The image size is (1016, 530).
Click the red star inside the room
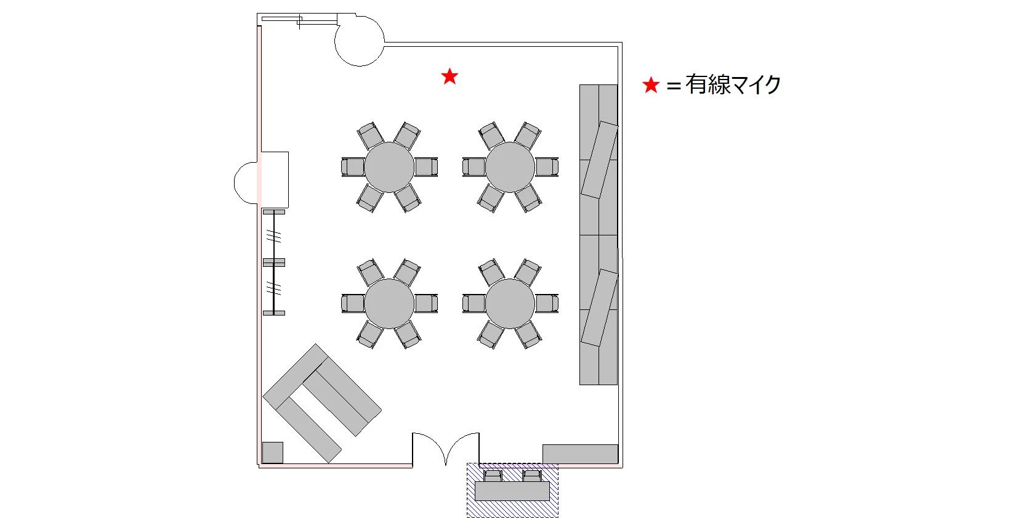(x=450, y=76)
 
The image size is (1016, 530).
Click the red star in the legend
(x=651, y=85)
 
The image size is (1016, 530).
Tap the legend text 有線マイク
(x=733, y=84)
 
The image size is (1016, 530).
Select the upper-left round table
(x=389, y=167)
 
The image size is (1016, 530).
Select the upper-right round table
(x=510, y=167)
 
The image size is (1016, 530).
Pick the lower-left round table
(x=389, y=303)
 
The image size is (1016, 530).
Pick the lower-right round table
(x=510, y=303)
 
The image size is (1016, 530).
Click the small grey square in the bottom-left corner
(x=272, y=452)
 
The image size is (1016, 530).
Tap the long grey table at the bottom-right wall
(x=580, y=454)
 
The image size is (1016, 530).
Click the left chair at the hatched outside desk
(x=493, y=476)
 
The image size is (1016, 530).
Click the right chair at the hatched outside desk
(x=531, y=476)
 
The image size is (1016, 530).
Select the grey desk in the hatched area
(x=512, y=491)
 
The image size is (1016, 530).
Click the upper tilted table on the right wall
(x=600, y=160)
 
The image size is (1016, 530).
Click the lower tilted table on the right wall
(x=600, y=308)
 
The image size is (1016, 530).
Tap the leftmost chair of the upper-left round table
(x=353, y=167)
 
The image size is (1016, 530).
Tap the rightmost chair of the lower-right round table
(x=547, y=303)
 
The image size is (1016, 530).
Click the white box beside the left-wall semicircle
(x=275, y=179)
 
